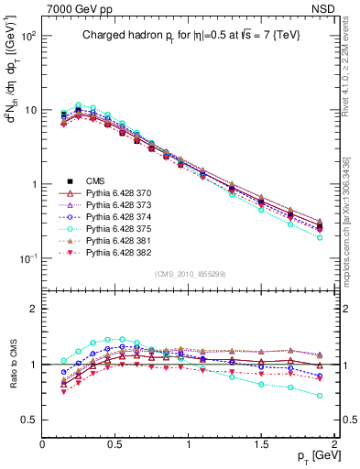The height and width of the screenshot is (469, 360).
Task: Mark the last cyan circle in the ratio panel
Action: [x=319, y=396]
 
